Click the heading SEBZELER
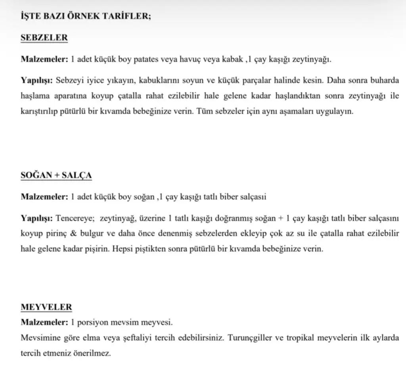click(44, 38)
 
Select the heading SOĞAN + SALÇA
click(56, 175)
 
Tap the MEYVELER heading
click(46, 307)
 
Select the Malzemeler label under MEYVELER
click(44, 323)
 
